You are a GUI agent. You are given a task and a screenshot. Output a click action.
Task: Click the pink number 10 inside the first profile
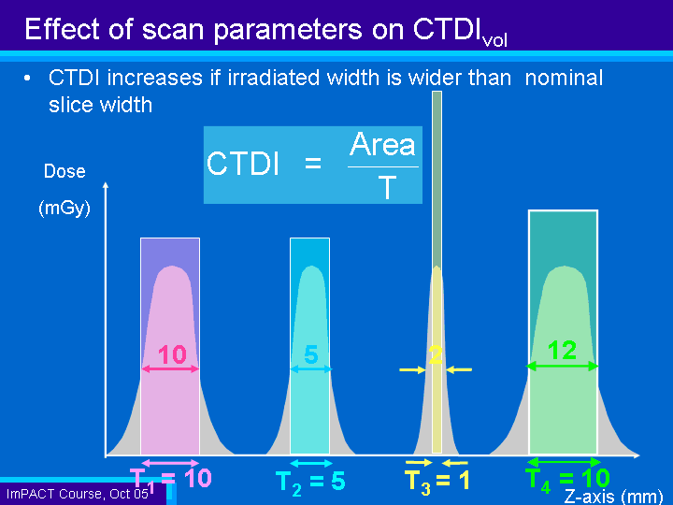(172, 354)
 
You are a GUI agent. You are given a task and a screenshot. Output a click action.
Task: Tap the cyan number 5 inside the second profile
(311, 354)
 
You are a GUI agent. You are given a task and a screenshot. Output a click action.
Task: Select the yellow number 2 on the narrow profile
(436, 354)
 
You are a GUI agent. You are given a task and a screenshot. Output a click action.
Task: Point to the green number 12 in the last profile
(563, 350)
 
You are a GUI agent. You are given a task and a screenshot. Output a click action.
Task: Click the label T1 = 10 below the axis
(170, 479)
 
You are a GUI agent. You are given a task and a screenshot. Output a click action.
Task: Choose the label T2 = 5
(310, 482)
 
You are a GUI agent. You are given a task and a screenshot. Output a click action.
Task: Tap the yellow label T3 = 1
(437, 481)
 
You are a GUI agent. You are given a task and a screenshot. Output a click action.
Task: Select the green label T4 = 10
(567, 479)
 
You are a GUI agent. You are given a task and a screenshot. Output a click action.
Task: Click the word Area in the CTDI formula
(382, 144)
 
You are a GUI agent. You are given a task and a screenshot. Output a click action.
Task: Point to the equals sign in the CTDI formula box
(313, 163)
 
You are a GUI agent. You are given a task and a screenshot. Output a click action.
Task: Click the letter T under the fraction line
(387, 188)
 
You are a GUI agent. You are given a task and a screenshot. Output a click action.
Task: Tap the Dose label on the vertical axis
(64, 171)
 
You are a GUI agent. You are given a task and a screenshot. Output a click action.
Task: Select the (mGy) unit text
(64, 209)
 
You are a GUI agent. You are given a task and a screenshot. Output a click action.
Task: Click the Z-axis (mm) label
(613, 497)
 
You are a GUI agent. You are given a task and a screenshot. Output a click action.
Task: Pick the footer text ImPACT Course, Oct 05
(78, 494)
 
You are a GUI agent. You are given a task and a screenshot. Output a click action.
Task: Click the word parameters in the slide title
(288, 30)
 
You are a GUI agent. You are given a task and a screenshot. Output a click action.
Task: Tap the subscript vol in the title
(494, 41)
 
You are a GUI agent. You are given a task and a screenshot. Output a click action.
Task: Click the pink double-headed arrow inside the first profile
(170, 368)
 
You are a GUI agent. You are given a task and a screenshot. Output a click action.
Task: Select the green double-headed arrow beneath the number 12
(563, 366)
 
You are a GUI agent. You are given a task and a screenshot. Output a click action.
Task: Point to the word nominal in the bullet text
(564, 79)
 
